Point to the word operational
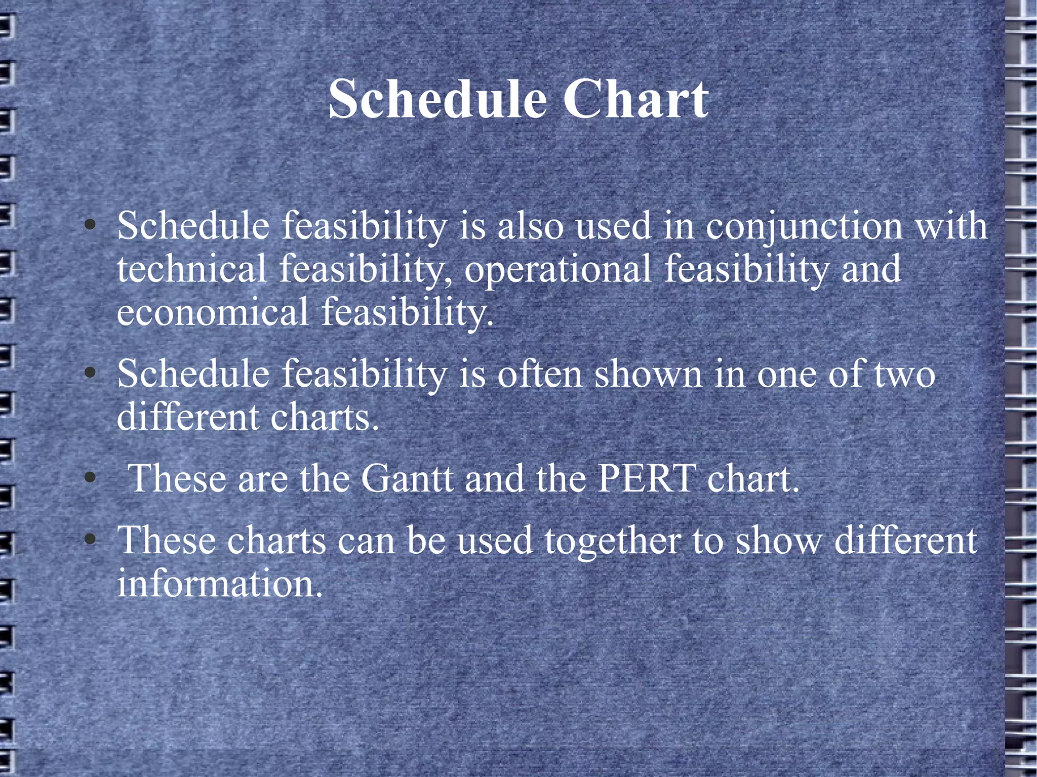point(557,269)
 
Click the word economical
point(212,312)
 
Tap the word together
point(612,541)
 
